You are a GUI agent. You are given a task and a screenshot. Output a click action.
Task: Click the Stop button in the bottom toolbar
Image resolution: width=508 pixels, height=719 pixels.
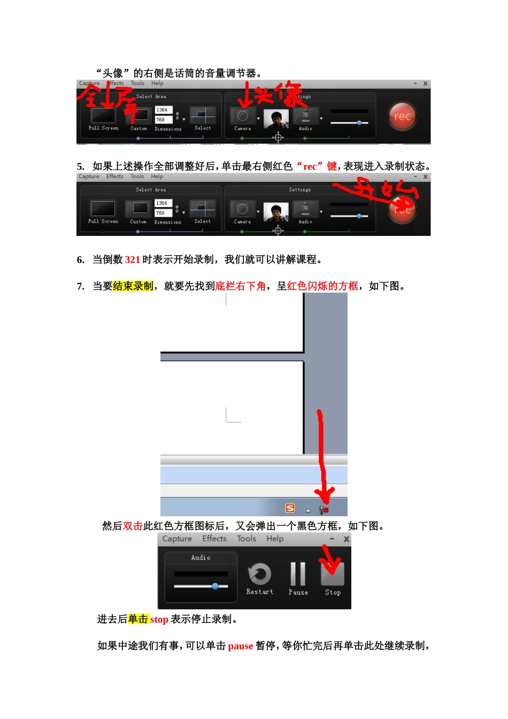point(332,575)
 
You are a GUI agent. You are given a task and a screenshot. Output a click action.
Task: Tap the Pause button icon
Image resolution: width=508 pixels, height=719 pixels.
point(298,575)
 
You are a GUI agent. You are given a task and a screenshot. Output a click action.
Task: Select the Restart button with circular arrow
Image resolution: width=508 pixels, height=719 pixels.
point(259,575)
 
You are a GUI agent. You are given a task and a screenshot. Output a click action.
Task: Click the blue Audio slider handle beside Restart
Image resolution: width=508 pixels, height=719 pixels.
point(215,586)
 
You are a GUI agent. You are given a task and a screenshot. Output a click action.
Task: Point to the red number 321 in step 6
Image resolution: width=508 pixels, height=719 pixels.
point(132,260)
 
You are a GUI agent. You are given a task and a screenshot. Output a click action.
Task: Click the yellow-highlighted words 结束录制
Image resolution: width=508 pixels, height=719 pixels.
point(133,286)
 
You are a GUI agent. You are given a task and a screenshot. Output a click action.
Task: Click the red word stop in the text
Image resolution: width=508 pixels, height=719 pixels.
point(159,619)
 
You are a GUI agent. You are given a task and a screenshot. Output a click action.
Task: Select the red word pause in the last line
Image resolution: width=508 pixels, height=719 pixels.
point(240,646)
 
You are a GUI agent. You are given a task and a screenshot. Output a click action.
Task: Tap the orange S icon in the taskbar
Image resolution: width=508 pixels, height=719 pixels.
point(290,509)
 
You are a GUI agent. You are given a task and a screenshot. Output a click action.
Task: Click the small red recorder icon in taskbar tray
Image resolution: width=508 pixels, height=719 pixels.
point(324,510)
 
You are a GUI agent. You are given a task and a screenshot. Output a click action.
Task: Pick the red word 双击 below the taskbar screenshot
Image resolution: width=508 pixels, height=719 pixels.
point(133,526)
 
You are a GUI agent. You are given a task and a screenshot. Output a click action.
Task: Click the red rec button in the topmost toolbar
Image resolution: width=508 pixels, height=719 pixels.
point(402,117)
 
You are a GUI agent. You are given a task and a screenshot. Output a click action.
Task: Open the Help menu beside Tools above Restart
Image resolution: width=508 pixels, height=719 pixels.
point(275,539)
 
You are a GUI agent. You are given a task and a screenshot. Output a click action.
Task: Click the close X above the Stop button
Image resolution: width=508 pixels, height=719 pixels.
point(346,539)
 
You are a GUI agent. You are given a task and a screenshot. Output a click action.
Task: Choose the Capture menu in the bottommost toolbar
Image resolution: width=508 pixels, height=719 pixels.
point(177,539)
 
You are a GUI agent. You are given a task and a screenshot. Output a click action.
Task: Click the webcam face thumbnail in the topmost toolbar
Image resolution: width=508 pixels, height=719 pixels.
point(276,119)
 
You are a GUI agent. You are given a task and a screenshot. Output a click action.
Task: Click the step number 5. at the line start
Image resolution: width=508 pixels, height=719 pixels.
point(81,166)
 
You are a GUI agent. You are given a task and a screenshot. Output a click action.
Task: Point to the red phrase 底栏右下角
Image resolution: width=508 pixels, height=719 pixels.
point(240,286)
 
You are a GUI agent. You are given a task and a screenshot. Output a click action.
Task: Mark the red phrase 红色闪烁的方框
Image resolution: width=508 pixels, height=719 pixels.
point(322,286)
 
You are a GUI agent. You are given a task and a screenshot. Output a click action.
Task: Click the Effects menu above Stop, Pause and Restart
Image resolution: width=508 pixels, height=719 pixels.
point(214,539)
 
